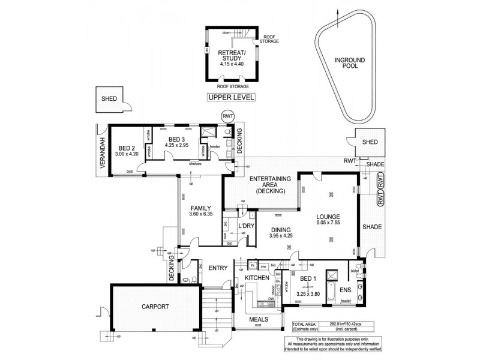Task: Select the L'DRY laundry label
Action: [247, 226]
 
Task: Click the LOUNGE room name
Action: [329, 217]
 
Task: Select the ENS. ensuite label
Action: [345, 289]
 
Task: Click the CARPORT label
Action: [155, 307]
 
